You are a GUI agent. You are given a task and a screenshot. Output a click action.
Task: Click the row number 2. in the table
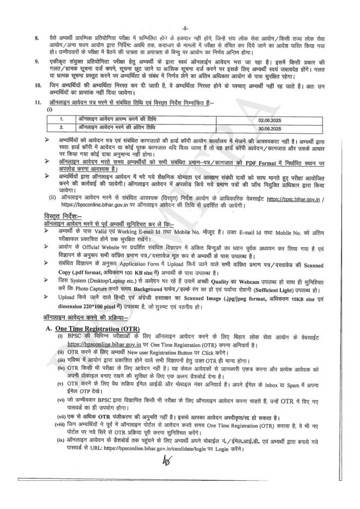61,128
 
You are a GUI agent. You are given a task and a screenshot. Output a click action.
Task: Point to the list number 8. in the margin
36,38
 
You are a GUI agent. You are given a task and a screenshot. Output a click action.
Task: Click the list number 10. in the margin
37,86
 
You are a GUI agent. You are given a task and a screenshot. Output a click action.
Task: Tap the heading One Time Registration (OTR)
97,329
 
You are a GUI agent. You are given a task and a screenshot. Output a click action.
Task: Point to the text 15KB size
298,297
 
